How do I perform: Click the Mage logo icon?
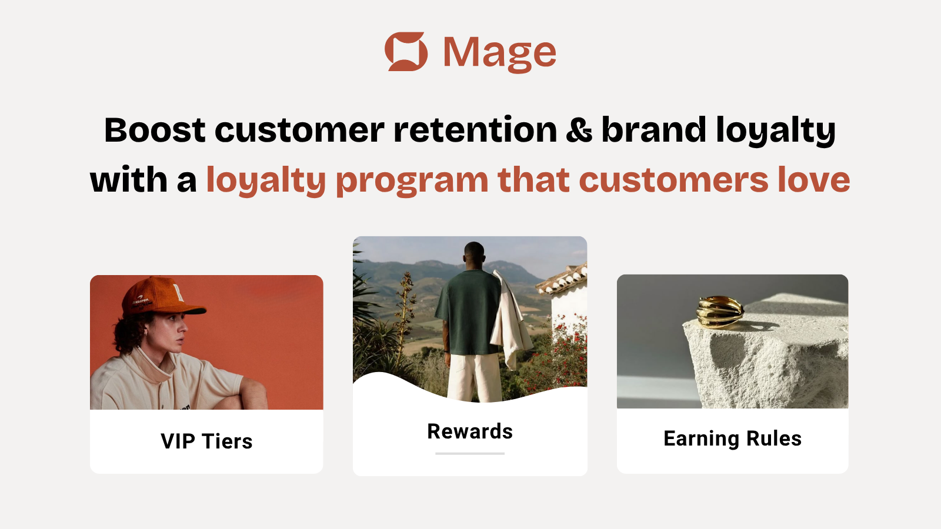(x=406, y=52)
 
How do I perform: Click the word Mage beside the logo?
(x=499, y=53)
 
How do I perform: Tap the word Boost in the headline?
(x=155, y=130)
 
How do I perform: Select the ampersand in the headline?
(x=579, y=130)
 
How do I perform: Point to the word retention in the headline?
(x=475, y=130)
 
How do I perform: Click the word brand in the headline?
(x=653, y=130)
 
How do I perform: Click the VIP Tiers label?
(x=206, y=441)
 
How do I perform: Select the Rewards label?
(x=470, y=431)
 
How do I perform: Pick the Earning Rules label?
(x=732, y=438)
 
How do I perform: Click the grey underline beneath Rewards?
(x=470, y=453)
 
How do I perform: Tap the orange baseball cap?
(x=162, y=296)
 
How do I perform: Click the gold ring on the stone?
(x=719, y=312)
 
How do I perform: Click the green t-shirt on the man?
(x=467, y=312)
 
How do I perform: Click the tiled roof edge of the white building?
(x=561, y=279)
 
